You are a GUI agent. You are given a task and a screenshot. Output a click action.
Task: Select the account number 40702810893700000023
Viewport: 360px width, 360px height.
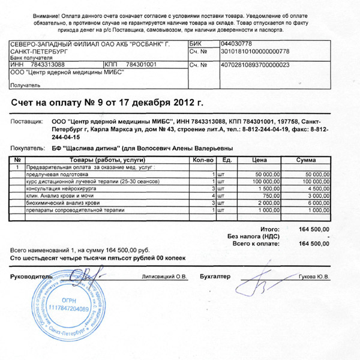255,64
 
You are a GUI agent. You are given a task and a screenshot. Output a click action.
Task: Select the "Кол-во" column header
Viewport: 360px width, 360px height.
203,160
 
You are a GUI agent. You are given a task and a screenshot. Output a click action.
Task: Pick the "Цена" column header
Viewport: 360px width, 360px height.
259,160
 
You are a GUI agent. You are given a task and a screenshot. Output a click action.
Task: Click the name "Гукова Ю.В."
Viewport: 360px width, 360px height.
314,277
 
